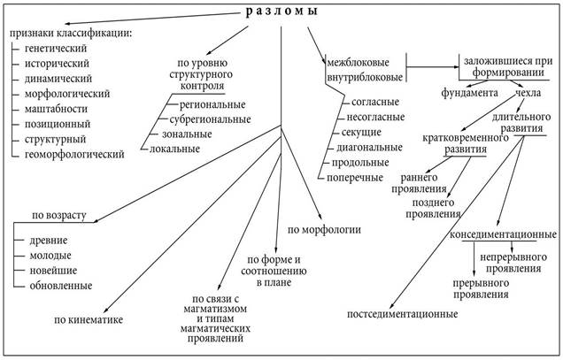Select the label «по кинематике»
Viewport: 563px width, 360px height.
coord(89,319)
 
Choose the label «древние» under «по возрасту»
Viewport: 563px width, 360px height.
coord(52,241)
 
